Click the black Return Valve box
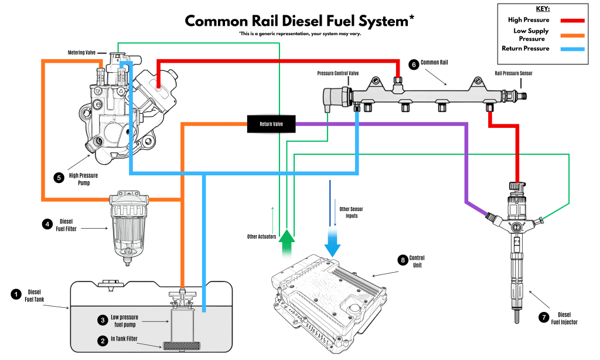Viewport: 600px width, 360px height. click(271, 124)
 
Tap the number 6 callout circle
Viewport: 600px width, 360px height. click(414, 64)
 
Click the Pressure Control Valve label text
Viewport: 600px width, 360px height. click(337, 74)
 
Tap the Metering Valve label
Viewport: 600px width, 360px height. click(81, 53)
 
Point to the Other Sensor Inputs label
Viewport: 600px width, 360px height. click(348, 212)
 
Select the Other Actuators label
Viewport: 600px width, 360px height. click(261, 237)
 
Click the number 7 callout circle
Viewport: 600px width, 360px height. click(543, 317)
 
